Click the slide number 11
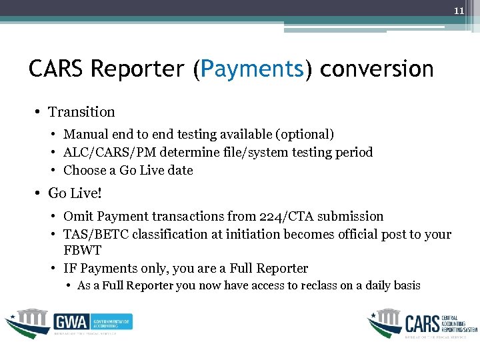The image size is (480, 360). (459, 11)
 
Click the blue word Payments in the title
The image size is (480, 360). (252, 69)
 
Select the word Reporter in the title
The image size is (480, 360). (138, 69)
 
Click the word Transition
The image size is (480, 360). (81, 112)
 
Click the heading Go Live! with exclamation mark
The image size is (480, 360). (76, 193)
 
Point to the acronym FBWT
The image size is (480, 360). (83, 251)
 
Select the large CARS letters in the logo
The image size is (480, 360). (422, 323)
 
